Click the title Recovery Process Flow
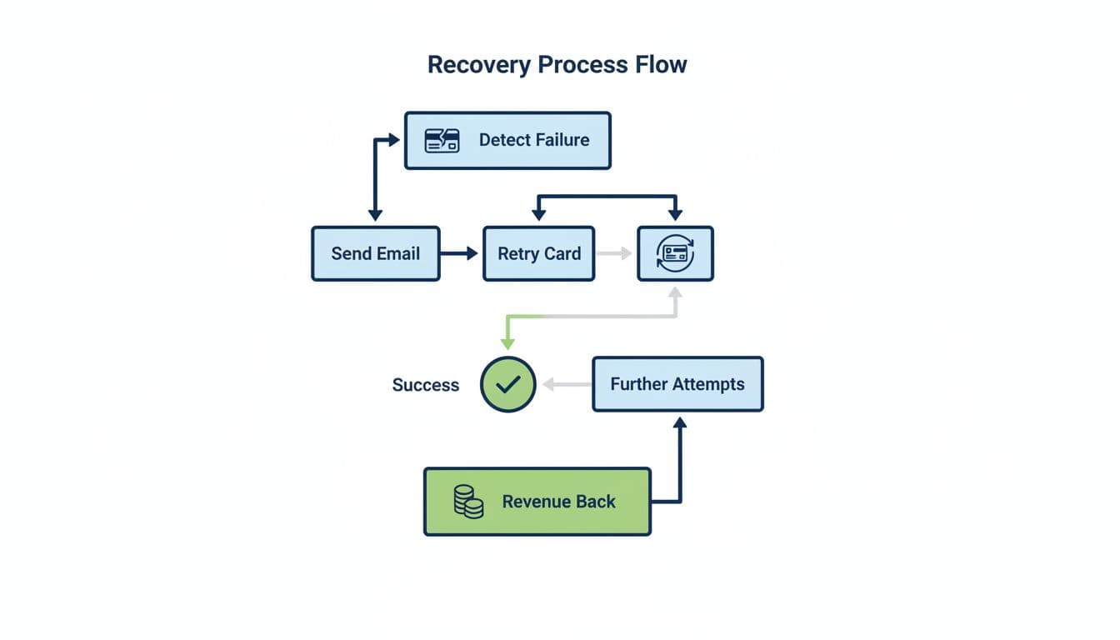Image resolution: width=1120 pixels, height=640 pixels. tap(557, 65)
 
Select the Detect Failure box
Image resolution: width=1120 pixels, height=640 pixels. tap(507, 141)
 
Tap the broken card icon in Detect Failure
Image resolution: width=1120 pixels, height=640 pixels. tap(442, 140)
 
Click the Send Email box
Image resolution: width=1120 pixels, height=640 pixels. tap(375, 253)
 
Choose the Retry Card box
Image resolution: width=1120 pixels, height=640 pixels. tap(539, 253)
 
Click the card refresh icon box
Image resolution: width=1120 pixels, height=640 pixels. tap(675, 253)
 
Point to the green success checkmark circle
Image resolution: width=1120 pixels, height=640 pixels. tap(507, 384)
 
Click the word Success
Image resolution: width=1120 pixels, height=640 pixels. tap(425, 385)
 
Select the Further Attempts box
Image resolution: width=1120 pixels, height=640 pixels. tap(677, 384)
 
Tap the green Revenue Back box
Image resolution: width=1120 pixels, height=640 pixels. tap(537, 502)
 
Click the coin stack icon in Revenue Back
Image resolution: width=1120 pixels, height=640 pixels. tap(468, 502)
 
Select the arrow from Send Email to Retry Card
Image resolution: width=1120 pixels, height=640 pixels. tap(461, 252)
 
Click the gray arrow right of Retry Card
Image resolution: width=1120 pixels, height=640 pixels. tap(615, 252)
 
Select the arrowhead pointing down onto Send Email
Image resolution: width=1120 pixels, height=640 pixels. tap(375, 214)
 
